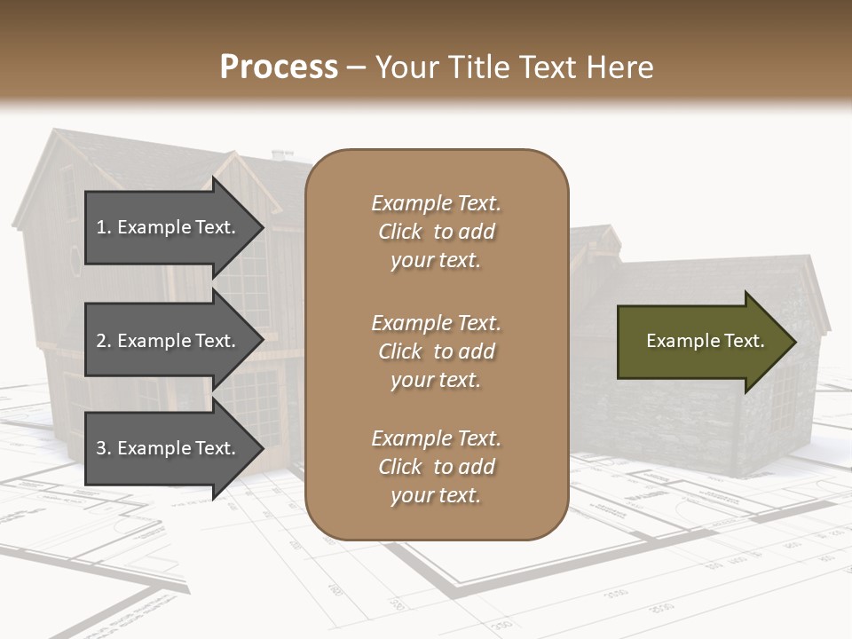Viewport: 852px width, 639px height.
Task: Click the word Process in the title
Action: coord(279,67)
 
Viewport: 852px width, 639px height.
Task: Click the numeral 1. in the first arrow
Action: coord(104,227)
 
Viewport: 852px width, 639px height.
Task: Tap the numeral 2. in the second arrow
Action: coord(104,341)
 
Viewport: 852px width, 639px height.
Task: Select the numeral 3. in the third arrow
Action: coord(104,448)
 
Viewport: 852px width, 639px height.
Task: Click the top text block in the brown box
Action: coord(436,232)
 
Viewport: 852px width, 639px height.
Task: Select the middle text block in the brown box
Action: coord(436,351)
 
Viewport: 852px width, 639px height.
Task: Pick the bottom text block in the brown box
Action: coord(436,467)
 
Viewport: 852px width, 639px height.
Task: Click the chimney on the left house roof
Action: coord(282,155)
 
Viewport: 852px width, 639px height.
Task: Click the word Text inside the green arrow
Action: coord(744,341)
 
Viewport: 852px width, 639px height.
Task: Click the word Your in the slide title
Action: coord(406,67)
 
